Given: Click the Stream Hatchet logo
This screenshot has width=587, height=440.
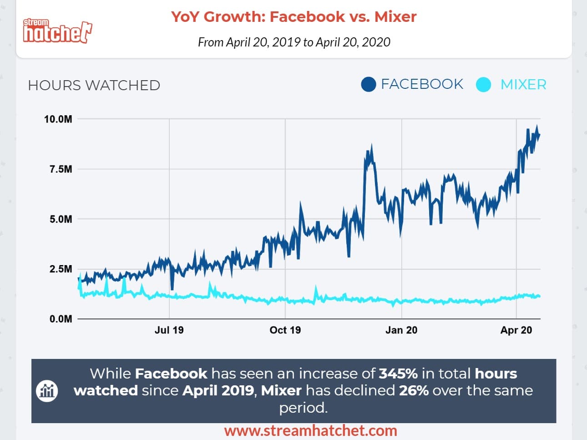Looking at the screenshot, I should click(57, 31).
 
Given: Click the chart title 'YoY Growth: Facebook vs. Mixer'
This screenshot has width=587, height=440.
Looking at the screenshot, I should click(293, 17).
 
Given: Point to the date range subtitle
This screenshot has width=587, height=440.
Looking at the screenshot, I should click(294, 42).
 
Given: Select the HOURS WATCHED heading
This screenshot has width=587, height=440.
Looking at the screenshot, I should click(94, 85).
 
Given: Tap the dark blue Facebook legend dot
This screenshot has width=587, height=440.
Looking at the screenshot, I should click(368, 84).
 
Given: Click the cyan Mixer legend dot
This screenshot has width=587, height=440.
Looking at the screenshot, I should click(483, 85).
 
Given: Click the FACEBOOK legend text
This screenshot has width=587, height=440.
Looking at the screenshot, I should click(422, 84).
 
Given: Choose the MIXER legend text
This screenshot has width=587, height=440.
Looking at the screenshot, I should click(523, 85).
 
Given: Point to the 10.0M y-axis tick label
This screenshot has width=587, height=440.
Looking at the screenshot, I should click(58, 119).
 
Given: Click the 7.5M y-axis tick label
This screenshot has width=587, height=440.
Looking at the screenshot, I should click(61, 169).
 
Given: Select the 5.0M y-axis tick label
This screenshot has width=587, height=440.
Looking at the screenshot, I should click(61, 219).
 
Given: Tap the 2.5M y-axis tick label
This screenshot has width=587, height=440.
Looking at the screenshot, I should click(61, 269).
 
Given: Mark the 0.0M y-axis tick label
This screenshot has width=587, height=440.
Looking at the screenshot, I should click(61, 319).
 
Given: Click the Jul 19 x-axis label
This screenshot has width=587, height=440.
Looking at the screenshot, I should click(169, 330).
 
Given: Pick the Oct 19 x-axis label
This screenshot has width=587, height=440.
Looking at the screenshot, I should click(285, 330).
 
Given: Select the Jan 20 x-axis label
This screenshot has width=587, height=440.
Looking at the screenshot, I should click(401, 330).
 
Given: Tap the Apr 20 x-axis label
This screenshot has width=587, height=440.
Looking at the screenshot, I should click(516, 330).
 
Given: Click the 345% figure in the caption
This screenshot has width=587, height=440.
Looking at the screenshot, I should click(398, 373).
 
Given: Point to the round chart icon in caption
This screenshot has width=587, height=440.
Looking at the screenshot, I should click(47, 391).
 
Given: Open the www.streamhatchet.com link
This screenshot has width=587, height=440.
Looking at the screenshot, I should click(310, 431).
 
